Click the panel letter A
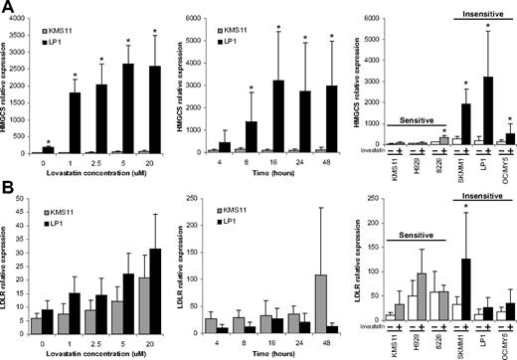pos(9,9)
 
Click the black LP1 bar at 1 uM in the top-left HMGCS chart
pos(73,122)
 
